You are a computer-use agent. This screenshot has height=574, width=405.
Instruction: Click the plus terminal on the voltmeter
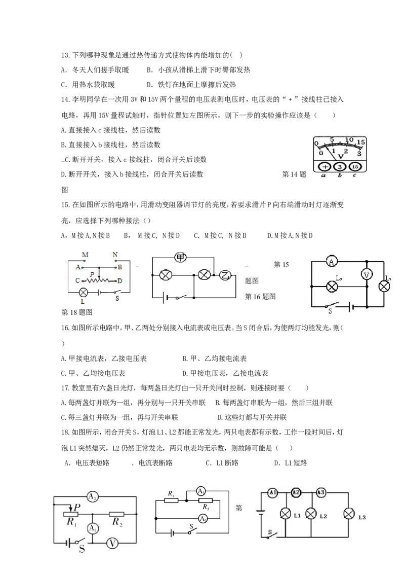[x=325, y=166]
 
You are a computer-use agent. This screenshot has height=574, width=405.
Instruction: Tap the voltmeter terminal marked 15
[x=354, y=166]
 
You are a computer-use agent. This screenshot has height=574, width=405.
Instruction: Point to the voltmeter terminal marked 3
[x=340, y=166]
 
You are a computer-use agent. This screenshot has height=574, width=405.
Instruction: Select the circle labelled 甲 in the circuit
[x=180, y=258]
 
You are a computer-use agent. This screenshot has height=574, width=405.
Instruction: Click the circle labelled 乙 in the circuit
[x=224, y=274]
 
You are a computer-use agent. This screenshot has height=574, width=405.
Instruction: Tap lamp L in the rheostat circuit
[x=83, y=292]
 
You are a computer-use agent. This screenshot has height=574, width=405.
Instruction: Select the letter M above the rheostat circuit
[x=85, y=255]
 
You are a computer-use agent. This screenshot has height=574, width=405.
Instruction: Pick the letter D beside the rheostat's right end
[x=120, y=281]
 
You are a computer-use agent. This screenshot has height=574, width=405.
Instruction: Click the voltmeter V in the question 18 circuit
[x=367, y=274]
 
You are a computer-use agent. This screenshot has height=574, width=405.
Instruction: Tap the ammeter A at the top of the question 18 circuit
[x=332, y=261]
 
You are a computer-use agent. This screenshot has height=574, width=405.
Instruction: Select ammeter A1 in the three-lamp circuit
[x=273, y=493]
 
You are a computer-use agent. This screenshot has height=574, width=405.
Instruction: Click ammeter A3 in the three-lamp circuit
[x=321, y=493]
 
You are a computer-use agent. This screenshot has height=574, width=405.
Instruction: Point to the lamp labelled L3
[x=349, y=514]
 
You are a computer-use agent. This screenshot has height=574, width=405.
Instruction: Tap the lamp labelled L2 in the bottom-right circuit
[x=311, y=514]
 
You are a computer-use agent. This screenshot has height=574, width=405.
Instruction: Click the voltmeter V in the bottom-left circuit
[x=112, y=544]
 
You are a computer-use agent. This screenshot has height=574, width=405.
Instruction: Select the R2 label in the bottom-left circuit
[x=117, y=522]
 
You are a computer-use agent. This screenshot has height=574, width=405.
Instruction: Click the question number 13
[x=65, y=55]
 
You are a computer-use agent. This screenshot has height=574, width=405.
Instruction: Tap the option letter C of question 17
[x=63, y=417]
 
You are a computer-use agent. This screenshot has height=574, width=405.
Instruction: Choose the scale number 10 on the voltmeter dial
[x=349, y=139]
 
